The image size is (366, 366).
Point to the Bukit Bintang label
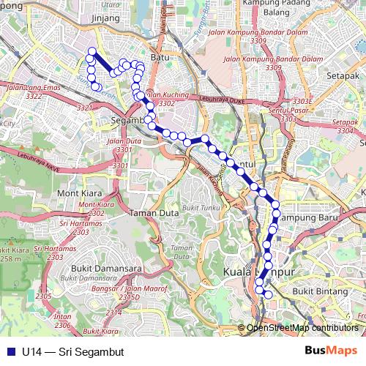pyautogui.click(x=316, y=291)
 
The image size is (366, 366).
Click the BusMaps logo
pyautogui.click(x=331, y=351)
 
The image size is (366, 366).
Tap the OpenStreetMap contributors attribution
pyautogui.click(x=302, y=328)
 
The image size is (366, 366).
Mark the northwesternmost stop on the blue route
pyautogui.click(x=91, y=51)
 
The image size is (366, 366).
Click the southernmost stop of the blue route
pyautogui.click(x=269, y=295)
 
